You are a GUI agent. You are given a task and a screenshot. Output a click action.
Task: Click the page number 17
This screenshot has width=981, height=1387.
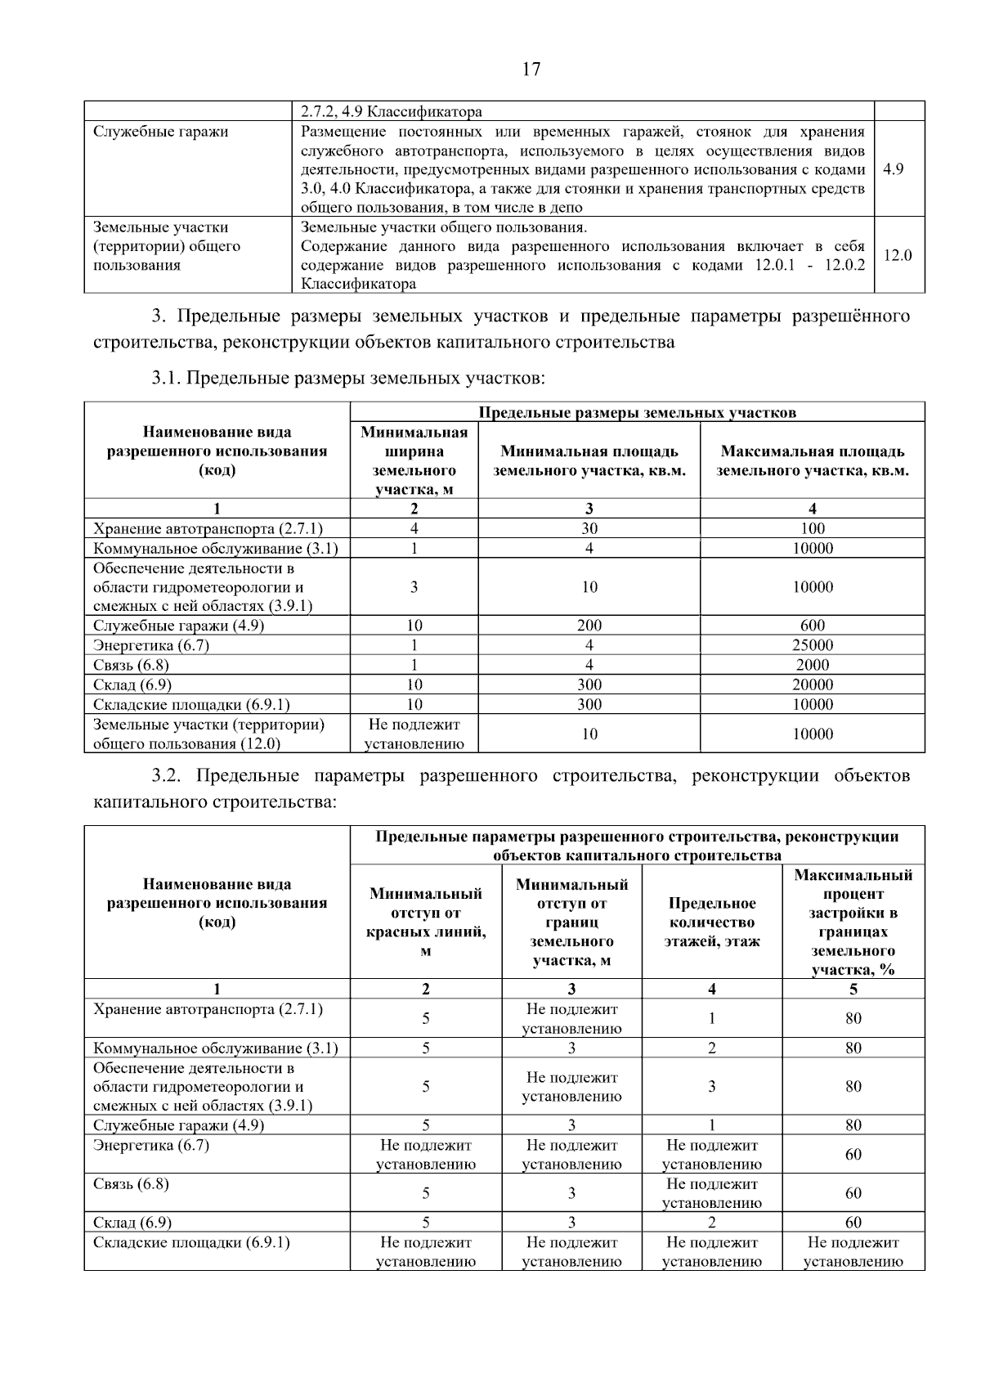coord(531,69)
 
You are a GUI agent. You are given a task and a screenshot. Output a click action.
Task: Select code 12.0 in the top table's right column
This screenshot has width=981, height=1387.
coord(897,255)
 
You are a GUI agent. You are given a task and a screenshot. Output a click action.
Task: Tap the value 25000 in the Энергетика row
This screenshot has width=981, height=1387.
coord(813,645)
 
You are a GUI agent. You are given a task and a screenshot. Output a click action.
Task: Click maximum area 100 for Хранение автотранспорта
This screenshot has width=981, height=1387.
coord(813,528)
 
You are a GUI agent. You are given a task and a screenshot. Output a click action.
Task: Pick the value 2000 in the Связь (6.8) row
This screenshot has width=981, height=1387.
coord(813,665)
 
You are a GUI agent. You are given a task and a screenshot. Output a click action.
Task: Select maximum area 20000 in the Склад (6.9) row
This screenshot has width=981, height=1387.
coord(813,685)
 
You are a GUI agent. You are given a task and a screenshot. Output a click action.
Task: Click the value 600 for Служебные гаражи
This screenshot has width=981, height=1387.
coord(813,626)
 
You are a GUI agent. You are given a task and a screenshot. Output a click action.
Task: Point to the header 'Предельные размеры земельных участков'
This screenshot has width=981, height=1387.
coord(637,412)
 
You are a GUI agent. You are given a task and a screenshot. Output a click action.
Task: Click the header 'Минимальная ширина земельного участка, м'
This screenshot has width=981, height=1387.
coord(414,460)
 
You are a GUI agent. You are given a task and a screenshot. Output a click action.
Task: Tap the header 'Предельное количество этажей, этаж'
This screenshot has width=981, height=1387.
coord(711,922)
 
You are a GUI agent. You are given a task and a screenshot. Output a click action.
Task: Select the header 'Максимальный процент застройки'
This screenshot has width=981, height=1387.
coord(853,922)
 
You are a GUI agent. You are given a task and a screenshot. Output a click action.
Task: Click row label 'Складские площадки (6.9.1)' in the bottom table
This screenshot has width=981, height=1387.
coord(191,1243)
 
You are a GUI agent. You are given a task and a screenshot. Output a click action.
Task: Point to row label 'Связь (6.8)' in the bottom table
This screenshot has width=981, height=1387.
coord(131,1184)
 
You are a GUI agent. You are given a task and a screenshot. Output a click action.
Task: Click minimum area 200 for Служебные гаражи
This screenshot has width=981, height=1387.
coord(589,626)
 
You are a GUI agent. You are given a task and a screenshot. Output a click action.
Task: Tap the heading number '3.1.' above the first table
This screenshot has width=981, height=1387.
coord(168,378)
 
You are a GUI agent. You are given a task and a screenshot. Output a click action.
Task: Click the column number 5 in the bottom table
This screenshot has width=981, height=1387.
coord(853,989)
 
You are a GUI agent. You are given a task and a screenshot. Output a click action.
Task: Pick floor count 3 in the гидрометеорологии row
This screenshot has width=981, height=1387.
coord(711,1087)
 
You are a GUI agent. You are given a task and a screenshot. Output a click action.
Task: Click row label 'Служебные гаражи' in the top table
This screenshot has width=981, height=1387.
coord(160,132)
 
